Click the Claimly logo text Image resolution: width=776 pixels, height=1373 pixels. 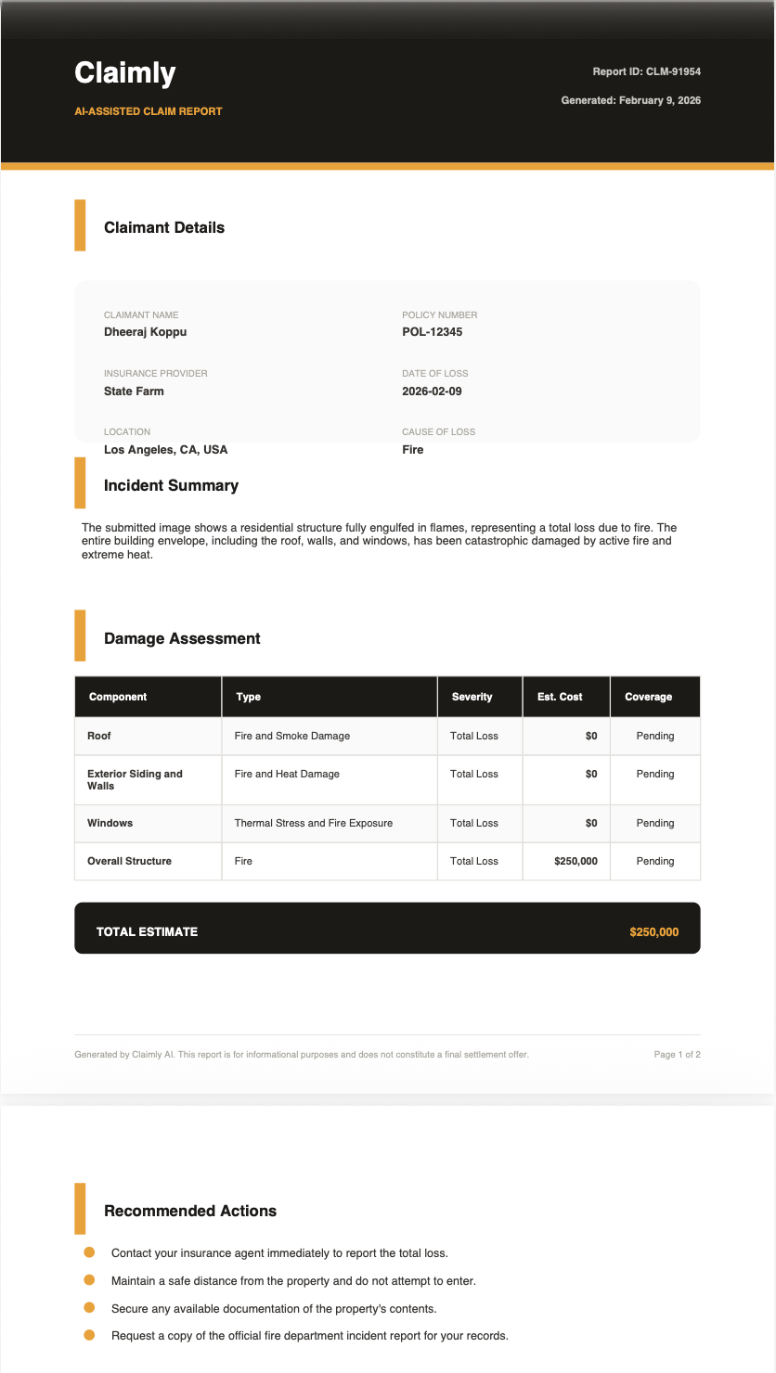124,72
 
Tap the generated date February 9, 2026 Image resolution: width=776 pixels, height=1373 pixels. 630,100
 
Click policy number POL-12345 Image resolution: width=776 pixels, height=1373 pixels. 432,332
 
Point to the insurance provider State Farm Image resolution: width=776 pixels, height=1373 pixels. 134,391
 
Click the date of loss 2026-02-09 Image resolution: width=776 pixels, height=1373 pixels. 432,391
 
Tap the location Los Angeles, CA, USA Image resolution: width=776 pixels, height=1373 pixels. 165,450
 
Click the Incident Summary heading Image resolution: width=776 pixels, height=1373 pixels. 171,485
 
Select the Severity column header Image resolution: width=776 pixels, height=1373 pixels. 472,697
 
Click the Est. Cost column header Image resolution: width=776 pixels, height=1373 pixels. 560,697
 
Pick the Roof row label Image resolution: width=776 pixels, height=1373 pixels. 99,736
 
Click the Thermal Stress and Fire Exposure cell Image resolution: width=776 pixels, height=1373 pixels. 313,823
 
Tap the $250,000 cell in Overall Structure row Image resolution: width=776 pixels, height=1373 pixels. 576,861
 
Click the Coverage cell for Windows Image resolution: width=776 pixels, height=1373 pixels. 654,823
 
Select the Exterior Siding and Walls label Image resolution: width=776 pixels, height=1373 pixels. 135,779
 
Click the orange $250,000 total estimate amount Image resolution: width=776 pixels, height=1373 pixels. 653,931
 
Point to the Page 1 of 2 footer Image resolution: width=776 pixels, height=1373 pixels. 677,1055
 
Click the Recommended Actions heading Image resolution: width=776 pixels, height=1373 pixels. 190,1211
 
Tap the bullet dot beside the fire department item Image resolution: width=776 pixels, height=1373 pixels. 90,1335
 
